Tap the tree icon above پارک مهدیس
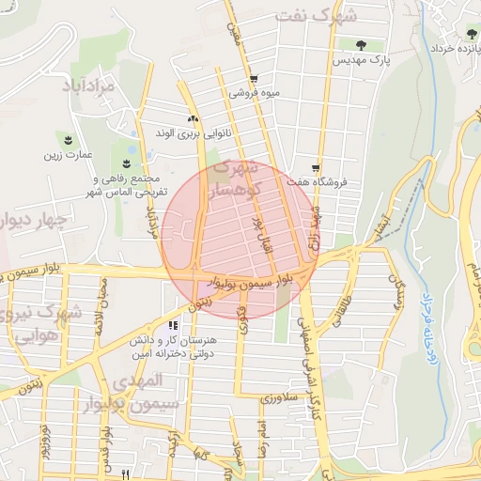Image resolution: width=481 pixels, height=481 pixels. pos(362,43)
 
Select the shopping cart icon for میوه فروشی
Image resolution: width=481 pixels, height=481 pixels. pos(254,79)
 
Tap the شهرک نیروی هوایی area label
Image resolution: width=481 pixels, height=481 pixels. pos(38,324)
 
